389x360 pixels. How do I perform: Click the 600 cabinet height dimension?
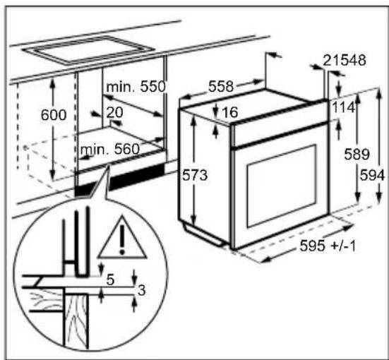[x=54, y=114]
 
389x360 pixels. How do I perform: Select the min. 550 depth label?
[x=136, y=87]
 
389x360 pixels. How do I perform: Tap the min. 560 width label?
[x=110, y=150]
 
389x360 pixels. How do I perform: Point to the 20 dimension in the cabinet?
[x=114, y=112]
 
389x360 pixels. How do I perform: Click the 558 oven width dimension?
[x=221, y=86]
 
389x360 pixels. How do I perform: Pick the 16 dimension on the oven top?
[x=230, y=112]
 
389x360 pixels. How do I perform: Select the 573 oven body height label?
[x=195, y=175]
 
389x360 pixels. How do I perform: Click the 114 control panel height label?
[x=343, y=107]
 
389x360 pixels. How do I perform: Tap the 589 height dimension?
[x=357, y=154]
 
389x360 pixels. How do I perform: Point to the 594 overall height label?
[x=372, y=175]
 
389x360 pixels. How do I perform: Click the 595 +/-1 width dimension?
[x=328, y=246]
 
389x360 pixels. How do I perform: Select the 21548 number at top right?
[x=345, y=60]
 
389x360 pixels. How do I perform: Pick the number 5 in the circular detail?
[x=110, y=280]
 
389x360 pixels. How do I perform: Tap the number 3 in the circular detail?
[x=142, y=290]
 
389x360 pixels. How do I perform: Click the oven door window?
[x=282, y=186]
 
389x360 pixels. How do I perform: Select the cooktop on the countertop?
[x=88, y=50]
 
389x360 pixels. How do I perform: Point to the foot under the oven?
[x=203, y=233]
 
